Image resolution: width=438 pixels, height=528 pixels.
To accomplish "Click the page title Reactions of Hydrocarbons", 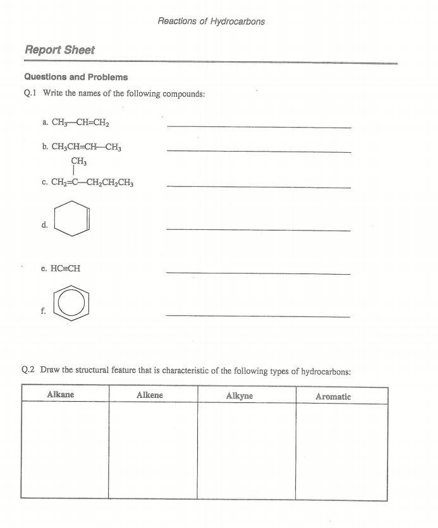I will click(x=211, y=21).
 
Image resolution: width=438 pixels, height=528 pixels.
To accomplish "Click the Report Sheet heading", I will click(x=59, y=50).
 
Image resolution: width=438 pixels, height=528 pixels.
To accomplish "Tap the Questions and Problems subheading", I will click(x=76, y=77).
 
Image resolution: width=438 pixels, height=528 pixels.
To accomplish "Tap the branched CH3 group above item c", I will click(x=79, y=161).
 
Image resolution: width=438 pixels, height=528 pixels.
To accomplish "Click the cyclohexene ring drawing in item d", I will click(x=72, y=219).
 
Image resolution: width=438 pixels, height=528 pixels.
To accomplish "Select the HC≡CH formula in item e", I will click(x=66, y=268).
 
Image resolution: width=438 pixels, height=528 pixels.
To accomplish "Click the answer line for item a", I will click(x=259, y=127).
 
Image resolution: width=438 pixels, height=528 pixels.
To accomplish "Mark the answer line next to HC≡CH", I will click(x=259, y=273).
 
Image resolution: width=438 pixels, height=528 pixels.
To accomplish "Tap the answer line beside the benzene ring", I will click(x=259, y=316).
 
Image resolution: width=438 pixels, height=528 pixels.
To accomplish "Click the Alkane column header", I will click(x=61, y=395).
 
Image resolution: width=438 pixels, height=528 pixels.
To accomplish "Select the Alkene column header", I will click(x=150, y=395).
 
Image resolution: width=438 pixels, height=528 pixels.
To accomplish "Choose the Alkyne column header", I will click(x=240, y=396).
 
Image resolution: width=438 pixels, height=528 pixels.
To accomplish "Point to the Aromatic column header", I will click(x=333, y=397).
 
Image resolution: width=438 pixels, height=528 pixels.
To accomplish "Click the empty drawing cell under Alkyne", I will click(x=246, y=452).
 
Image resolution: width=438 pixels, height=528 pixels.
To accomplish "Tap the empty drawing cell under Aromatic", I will click(x=341, y=452).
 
